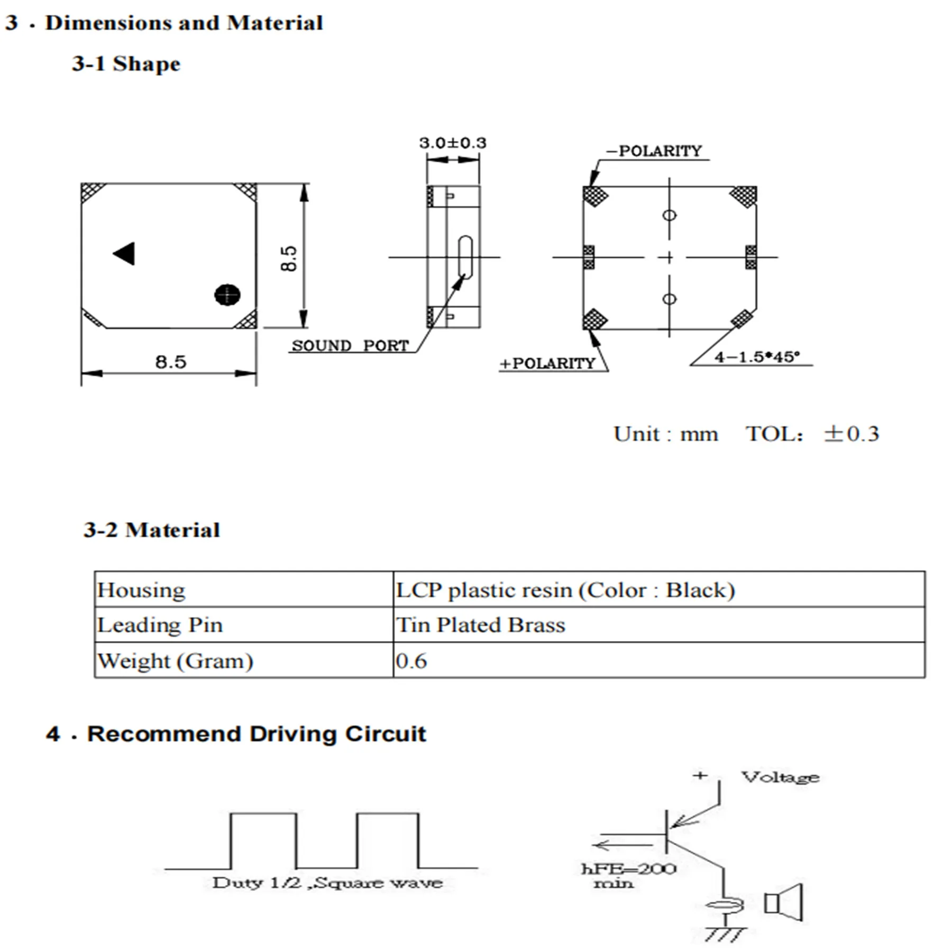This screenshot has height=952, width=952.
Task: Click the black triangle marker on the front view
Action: click(x=125, y=253)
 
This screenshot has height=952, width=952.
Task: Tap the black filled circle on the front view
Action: click(x=227, y=295)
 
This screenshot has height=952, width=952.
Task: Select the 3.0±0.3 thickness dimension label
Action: click(x=452, y=143)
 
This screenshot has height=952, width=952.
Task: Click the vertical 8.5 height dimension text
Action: click(x=289, y=258)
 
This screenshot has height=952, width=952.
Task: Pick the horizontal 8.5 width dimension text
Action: click(x=170, y=362)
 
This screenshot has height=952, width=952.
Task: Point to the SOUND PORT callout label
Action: click(x=350, y=346)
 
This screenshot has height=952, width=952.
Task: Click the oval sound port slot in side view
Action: click(x=465, y=257)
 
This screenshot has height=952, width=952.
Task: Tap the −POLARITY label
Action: click(x=654, y=151)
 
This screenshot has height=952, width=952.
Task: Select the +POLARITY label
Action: click(x=547, y=364)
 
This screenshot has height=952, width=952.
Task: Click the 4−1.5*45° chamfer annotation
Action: click(x=756, y=357)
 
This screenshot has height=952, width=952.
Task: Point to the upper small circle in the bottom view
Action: click(x=670, y=215)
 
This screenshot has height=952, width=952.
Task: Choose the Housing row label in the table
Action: click(x=141, y=590)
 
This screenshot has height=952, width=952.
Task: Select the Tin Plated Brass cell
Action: click(x=481, y=625)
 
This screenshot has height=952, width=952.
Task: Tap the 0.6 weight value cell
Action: click(x=411, y=661)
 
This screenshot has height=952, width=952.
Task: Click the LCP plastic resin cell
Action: click(x=565, y=590)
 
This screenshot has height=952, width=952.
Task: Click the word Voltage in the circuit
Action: click(x=780, y=777)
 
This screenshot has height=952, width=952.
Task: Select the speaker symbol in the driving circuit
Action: click(x=783, y=902)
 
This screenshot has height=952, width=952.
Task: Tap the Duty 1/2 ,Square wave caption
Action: click(x=327, y=883)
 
